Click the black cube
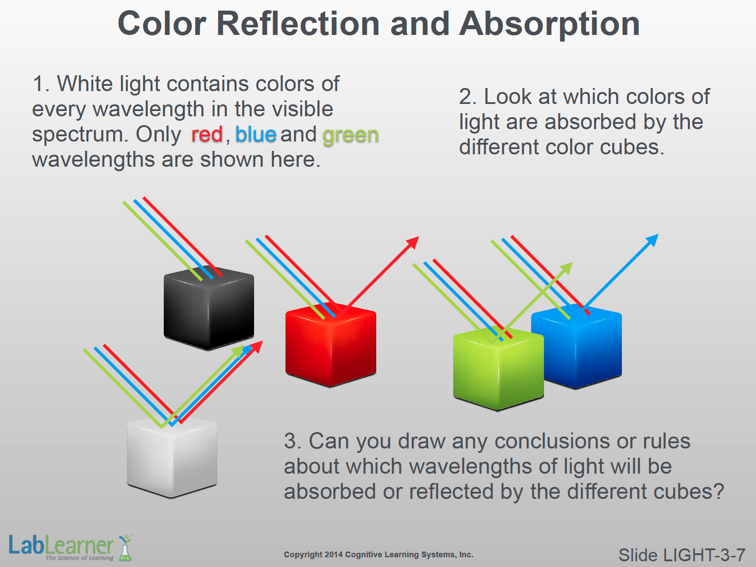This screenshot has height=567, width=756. click(209, 308)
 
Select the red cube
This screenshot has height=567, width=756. click(331, 345)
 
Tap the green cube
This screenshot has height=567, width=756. click(498, 369)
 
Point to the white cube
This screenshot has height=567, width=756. click(172, 456)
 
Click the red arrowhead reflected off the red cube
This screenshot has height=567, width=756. click(413, 242)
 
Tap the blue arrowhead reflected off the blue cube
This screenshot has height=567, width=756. click(652, 240)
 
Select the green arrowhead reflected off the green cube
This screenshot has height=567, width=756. click(567, 268)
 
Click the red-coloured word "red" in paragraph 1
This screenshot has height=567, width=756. click(207, 134)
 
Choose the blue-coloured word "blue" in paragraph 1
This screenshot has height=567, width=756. click(256, 134)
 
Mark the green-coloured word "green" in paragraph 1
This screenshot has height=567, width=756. click(351, 136)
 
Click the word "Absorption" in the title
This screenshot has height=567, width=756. click(550, 24)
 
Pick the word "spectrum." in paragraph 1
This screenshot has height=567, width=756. click(80, 135)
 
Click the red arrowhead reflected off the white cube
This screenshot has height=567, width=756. click(257, 347)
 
